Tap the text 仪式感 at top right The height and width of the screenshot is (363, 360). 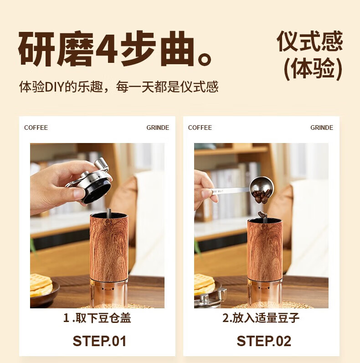(310, 41)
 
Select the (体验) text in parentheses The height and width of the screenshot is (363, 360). (313, 68)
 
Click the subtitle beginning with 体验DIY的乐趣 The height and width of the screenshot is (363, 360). (118, 87)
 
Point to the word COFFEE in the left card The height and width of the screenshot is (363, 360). (36, 128)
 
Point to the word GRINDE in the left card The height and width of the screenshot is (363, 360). (158, 128)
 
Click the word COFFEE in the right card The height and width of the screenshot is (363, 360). (200, 128)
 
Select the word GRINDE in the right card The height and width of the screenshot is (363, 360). (322, 128)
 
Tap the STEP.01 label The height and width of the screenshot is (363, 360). (100, 341)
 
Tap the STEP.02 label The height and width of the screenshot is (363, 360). (264, 341)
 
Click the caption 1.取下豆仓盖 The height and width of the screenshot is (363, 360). (98, 318)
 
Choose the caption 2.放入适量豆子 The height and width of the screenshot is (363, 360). (261, 318)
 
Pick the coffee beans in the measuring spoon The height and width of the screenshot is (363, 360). (262, 196)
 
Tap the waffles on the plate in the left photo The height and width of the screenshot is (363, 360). (41, 285)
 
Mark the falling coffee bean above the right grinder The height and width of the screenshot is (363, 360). (262, 215)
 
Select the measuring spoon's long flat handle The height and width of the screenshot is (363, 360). (231, 191)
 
